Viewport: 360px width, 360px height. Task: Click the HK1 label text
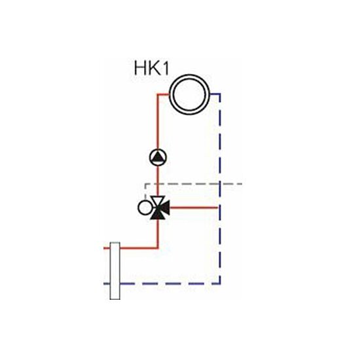click(152, 67)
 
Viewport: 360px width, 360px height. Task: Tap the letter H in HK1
click(140, 67)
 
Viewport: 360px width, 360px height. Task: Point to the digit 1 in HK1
click(166, 67)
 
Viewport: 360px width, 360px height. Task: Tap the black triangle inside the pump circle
click(158, 157)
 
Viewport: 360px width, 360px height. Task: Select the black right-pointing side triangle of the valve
click(164, 207)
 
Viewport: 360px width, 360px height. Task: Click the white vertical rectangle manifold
click(115, 271)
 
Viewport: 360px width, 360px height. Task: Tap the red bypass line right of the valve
click(194, 207)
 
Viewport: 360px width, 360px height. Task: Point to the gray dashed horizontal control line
click(194, 184)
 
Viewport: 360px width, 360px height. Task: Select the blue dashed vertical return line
click(220, 189)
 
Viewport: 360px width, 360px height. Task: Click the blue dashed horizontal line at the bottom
click(170, 283)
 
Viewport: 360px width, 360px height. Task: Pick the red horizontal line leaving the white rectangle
click(139, 248)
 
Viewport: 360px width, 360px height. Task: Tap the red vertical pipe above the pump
click(158, 122)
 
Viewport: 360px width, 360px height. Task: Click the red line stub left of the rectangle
click(107, 248)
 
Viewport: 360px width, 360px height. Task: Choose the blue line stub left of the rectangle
click(107, 284)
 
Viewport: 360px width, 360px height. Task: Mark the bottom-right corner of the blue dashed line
click(220, 284)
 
